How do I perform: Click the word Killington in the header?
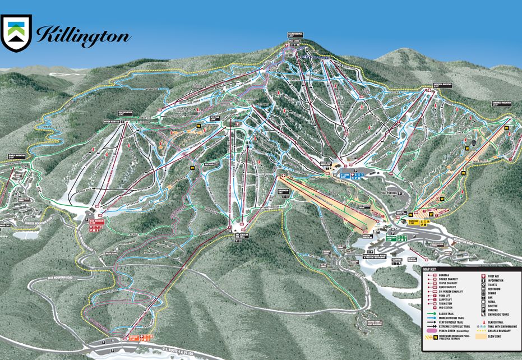tap(83, 35)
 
